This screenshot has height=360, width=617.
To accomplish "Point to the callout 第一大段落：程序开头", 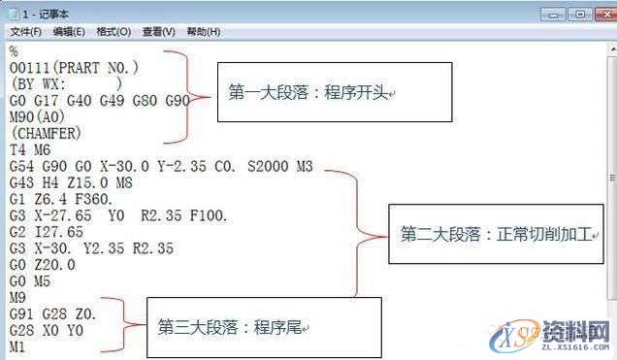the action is (334, 91).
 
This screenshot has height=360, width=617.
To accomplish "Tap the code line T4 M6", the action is (29, 148).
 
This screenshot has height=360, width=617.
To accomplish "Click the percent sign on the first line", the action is (14, 49).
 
